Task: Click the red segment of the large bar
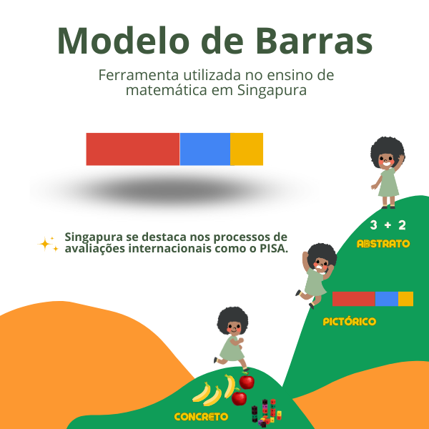click(132, 149)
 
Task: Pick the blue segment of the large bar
click(204, 149)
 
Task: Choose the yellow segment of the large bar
click(246, 149)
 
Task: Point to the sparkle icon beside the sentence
click(47, 244)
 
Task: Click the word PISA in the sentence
click(270, 249)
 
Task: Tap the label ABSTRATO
click(383, 244)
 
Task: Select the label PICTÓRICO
click(349, 322)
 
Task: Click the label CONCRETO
click(201, 416)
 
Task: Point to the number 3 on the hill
click(373, 225)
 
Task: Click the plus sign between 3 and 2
click(388, 226)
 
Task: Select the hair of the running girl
click(232, 318)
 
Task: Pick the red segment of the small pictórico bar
click(353, 299)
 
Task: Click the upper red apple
click(247, 380)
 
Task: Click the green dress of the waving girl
click(388, 184)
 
